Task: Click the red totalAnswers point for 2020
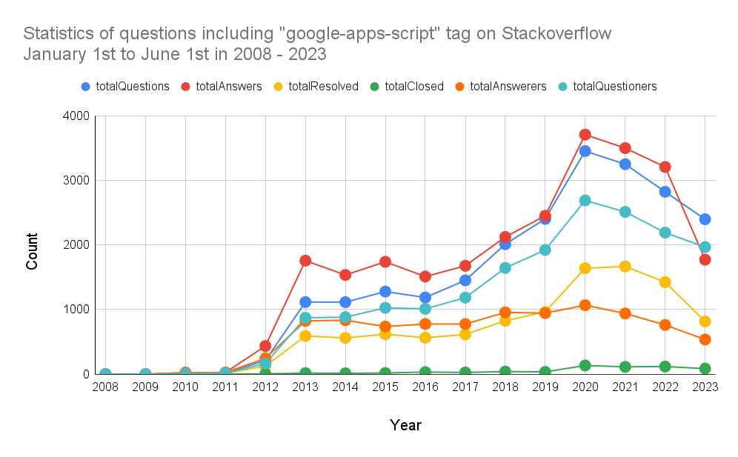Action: (585, 135)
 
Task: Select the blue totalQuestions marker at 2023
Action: (705, 219)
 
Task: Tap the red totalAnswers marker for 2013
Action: (305, 261)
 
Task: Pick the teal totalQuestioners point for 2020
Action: (585, 201)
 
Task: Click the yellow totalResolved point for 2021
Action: (625, 267)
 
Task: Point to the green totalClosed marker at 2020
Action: (585, 365)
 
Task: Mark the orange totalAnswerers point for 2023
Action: (705, 339)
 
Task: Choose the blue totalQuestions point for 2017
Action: (465, 280)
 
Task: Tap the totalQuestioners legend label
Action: (615, 87)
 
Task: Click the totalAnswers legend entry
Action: (229, 87)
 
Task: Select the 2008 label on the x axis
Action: (105, 387)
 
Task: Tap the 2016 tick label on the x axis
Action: (425, 387)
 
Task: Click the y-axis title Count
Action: (33, 252)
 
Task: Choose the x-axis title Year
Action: (405, 425)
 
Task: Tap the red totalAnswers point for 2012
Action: (265, 346)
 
